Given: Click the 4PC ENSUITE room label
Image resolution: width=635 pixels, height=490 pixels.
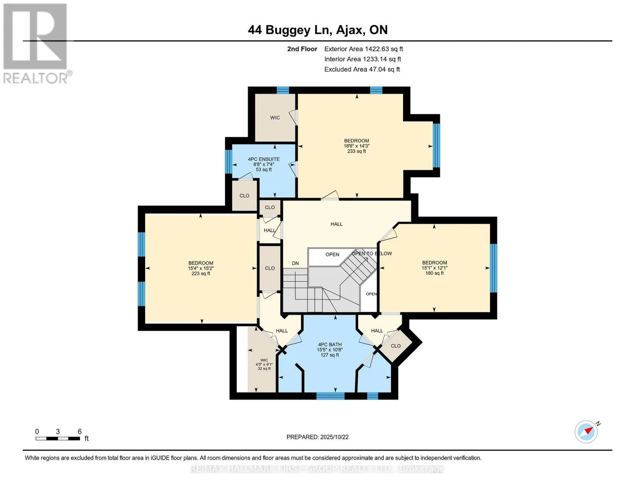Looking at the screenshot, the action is click(264, 159).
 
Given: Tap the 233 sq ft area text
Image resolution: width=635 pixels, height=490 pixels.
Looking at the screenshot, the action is click(357, 151).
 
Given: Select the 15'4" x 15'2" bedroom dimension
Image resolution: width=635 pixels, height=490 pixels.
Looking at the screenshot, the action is click(201, 268).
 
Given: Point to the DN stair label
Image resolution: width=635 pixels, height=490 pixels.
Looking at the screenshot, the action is click(296, 263).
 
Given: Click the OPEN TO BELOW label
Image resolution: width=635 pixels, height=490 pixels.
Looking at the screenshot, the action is click(372, 254).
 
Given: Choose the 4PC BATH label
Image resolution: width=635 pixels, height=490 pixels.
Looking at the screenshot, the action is click(330, 344).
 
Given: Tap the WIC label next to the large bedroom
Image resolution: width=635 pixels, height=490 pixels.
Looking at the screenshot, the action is click(275, 118).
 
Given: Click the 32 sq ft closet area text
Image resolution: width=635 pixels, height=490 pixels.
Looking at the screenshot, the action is click(264, 369).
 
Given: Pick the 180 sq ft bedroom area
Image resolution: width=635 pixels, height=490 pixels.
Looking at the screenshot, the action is click(435, 273).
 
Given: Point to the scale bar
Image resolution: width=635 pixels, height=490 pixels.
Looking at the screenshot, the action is click(58, 439).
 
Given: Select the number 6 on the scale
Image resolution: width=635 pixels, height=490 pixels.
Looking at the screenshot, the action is click(79, 431).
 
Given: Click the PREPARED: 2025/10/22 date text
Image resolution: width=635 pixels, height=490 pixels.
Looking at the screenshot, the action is click(317, 437).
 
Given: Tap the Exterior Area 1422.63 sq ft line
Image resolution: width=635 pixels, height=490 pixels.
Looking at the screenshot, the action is click(363, 49).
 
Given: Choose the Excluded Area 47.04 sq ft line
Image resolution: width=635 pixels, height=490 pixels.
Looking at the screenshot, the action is click(362, 69).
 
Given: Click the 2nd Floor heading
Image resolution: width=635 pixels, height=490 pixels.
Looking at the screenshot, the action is click(302, 49).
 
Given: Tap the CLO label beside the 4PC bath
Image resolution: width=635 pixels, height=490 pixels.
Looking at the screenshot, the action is click(396, 346).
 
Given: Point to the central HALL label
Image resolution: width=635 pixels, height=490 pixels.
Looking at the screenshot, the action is click(337, 224).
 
